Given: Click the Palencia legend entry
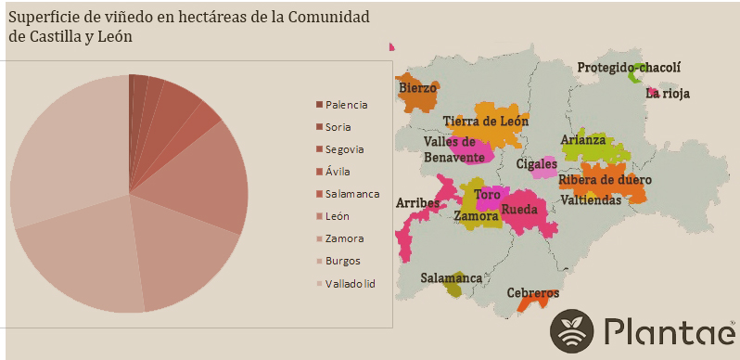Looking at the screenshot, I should (x=346, y=105).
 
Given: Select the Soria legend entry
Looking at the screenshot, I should (x=338, y=127).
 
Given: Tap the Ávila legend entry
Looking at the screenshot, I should (x=338, y=172).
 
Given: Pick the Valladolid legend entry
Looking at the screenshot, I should (x=350, y=283).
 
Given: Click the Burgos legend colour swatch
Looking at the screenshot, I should (x=319, y=261).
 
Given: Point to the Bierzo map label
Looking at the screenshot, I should (x=416, y=88).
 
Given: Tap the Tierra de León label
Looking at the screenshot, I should (x=485, y=122).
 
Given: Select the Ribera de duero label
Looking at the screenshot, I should (x=605, y=180).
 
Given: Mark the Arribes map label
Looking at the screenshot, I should (x=418, y=202).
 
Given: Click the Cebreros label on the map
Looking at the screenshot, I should (x=532, y=293).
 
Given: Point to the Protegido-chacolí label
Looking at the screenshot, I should (x=628, y=68).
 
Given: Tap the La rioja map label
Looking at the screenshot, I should (x=668, y=93).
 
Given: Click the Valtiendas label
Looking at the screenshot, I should (x=591, y=200).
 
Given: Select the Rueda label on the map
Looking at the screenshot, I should (x=519, y=209).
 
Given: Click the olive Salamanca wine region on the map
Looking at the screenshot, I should (x=453, y=289).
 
